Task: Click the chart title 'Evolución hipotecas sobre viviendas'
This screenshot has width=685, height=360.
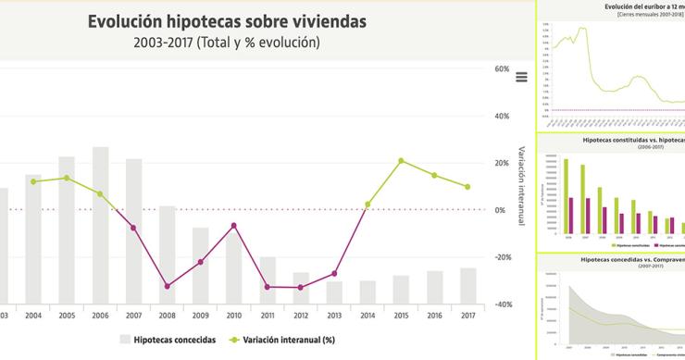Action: pos(227,20)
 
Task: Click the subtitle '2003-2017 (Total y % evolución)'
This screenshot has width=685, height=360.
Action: pos(227,42)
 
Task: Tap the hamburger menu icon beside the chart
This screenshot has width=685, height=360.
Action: pos(521,78)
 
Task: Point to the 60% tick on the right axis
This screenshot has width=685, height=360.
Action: pos(503,69)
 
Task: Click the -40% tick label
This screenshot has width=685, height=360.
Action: pos(503,304)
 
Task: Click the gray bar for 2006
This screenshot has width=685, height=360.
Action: pos(100,222)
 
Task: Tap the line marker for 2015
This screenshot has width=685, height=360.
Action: pos(401,161)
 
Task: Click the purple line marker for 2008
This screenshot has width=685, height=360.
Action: pos(167,286)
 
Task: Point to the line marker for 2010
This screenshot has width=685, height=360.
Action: pos(234,225)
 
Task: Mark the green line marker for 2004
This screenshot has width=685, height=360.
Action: pos(33,181)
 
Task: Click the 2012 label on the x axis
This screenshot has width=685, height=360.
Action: pos(301,316)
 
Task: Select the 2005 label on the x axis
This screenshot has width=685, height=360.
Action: pos(67,316)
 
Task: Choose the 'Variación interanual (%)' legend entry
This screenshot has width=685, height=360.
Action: pos(282,340)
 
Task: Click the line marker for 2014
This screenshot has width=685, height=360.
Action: pos(367,205)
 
